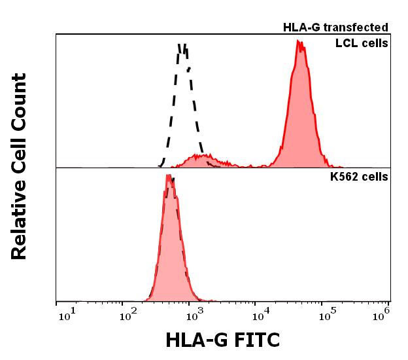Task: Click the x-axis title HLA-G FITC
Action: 222,340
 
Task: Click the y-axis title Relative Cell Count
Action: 19,166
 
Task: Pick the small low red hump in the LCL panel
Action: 203,160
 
